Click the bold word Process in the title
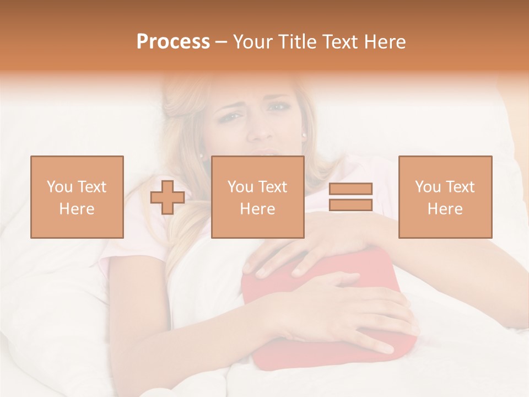(173, 42)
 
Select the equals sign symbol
(350, 197)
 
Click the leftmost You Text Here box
(77, 197)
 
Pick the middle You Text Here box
(257, 197)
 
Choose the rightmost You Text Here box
(445, 197)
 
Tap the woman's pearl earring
(303, 134)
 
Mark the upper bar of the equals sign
(350, 189)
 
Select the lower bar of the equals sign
(350, 205)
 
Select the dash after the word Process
(221, 42)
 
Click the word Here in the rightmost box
(445, 208)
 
